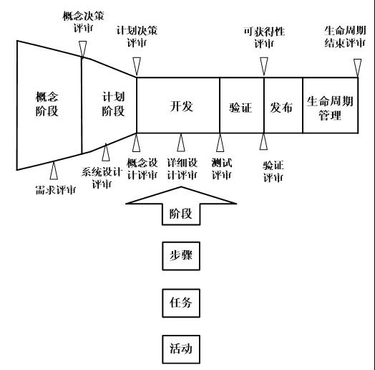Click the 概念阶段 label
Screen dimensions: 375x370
47,104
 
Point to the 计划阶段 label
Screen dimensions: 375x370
113,104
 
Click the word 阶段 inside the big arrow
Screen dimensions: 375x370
181,214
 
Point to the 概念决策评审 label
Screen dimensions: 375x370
83,22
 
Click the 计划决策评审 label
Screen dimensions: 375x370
137,37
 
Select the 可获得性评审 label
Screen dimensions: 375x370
264,37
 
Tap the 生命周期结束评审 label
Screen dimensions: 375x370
345,37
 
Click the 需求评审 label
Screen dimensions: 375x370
56,190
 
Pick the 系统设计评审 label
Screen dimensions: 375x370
102,178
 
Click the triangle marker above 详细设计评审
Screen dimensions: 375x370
181,143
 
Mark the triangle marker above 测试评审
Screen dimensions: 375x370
220,143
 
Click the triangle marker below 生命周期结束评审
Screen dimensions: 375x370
358,68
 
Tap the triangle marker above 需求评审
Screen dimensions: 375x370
54,171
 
